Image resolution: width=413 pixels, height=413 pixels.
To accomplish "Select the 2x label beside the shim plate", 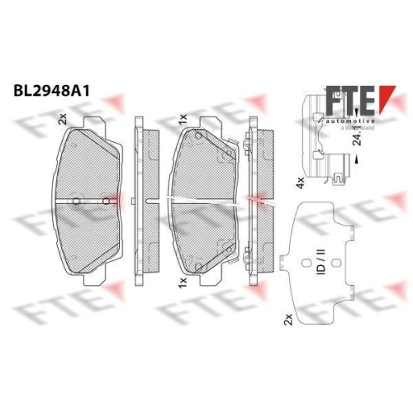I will coord(287,316).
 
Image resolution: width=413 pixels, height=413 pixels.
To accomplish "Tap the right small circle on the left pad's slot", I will coord(104,201).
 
